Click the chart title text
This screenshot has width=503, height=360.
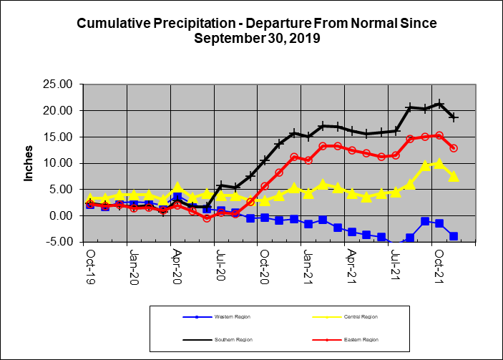255,31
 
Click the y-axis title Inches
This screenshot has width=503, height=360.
29,163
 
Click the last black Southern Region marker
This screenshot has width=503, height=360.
454,117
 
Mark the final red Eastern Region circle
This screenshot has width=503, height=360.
454,148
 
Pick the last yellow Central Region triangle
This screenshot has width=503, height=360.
454,176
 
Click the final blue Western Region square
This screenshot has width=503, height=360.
454,235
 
